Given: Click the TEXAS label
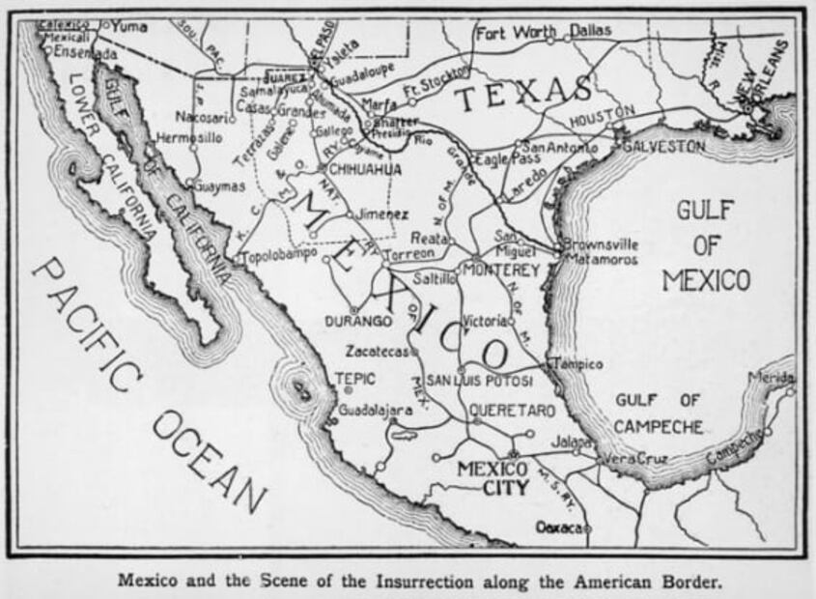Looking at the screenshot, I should pyautogui.click(x=522, y=94).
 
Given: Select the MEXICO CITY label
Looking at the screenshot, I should pyautogui.click(x=492, y=478).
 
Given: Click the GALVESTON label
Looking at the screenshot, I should pyautogui.click(x=663, y=147).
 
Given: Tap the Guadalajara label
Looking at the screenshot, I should pyautogui.click(x=376, y=410).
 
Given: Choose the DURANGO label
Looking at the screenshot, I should pyautogui.click(x=358, y=320).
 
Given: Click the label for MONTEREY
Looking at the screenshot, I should pyautogui.click(x=499, y=271).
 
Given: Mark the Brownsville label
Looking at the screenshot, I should pyautogui.click(x=601, y=244).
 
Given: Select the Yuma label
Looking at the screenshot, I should pyautogui.click(x=129, y=26).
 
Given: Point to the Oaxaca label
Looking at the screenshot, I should pyautogui.click(x=560, y=528).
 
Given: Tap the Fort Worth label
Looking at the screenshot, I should pyautogui.click(x=516, y=33).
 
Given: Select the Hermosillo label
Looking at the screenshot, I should pyautogui.click(x=189, y=138).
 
